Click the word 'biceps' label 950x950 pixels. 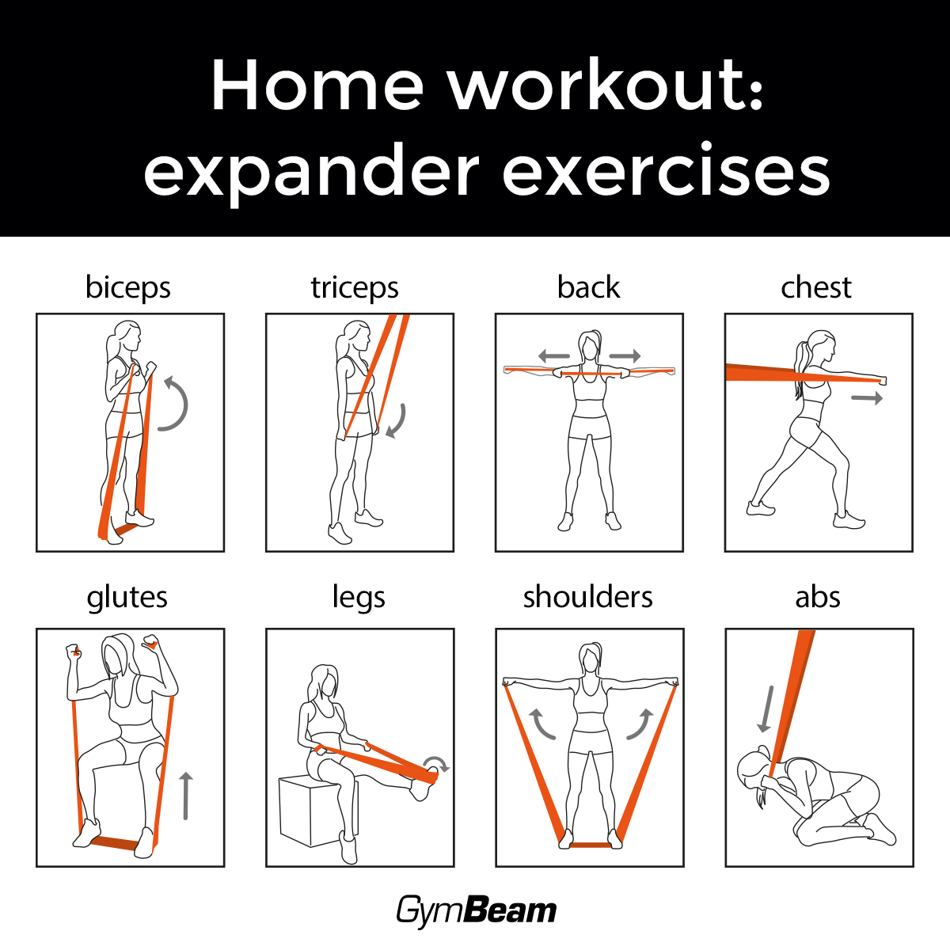[128, 287]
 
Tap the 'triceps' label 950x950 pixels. [355, 287]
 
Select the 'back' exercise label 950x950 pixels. [588, 287]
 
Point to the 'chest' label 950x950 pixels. [816, 287]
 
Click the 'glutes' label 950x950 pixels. [127, 598]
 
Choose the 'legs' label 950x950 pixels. [359, 598]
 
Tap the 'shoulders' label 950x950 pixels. [587, 597]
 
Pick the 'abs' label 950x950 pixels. [817, 597]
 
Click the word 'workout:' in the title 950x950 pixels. [606, 85]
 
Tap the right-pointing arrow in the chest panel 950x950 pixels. [867, 398]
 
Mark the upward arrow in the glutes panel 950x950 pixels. [186, 796]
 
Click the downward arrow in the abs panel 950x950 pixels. [766, 709]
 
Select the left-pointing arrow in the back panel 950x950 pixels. [553, 355]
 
